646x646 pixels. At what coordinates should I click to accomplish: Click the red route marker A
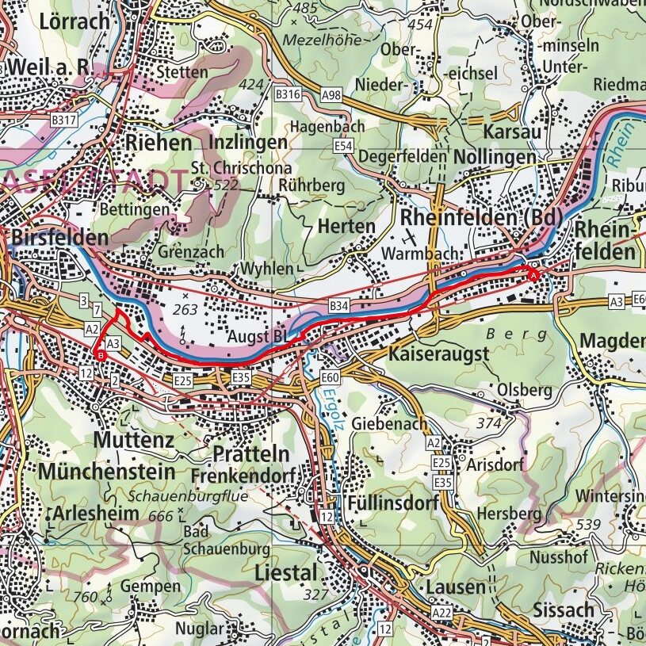click(x=533, y=275)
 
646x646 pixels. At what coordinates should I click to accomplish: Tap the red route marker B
click(x=101, y=356)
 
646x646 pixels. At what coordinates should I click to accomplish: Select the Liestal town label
click(x=285, y=572)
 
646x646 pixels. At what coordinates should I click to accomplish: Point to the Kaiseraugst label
click(x=438, y=354)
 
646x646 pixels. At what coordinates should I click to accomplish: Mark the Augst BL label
click(x=257, y=337)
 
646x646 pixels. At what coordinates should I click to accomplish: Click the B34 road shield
click(x=339, y=306)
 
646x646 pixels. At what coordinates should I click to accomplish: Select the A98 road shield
click(x=333, y=95)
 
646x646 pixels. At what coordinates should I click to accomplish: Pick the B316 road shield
click(x=288, y=94)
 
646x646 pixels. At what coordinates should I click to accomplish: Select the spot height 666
click(x=160, y=516)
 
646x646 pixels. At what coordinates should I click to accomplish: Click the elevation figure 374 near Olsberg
click(x=489, y=423)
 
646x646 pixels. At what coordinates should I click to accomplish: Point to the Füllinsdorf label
click(x=388, y=503)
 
